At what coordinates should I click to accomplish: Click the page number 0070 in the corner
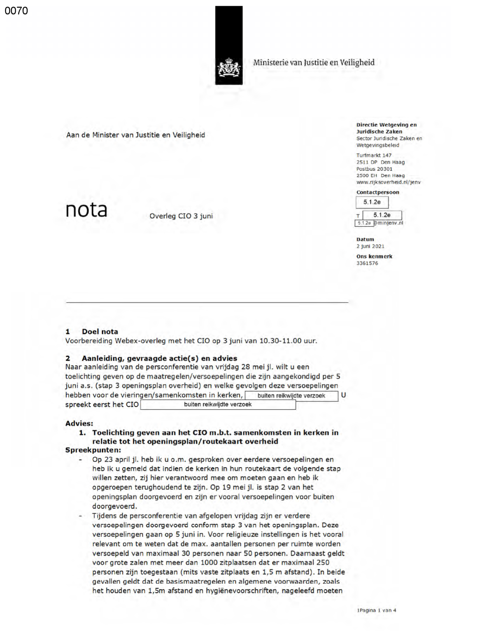16,11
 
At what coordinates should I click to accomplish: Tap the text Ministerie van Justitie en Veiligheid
314,63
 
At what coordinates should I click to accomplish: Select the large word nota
86,210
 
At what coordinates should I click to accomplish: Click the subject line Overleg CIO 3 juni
181,216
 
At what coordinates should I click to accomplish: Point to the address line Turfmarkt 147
374,155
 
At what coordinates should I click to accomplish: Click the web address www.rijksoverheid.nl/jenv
388,182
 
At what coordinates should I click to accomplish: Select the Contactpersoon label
377,192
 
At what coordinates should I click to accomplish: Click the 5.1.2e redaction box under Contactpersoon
372,202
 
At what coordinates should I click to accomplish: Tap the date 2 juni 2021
370,246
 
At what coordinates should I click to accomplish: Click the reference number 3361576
367,263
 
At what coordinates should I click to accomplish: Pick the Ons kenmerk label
374,256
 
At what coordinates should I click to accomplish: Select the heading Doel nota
100,332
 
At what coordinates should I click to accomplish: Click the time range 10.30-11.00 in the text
280,341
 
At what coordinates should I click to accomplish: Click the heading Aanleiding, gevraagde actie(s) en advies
159,358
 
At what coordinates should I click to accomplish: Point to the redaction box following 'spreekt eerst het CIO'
218,405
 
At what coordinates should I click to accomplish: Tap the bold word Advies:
79,423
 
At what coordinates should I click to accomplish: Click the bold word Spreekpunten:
93,450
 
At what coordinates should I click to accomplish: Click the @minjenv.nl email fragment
389,223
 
